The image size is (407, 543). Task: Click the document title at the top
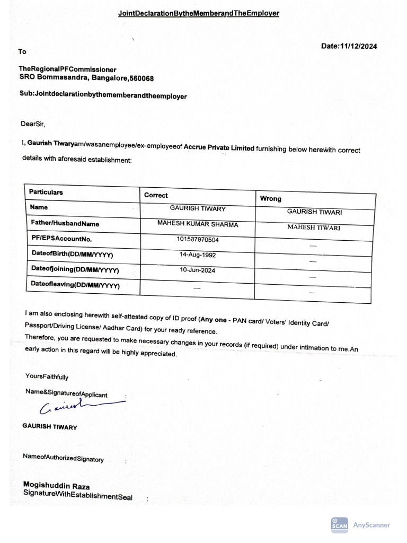tap(198, 12)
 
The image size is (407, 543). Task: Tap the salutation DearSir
tap(33, 125)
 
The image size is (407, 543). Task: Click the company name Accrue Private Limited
tap(219, 148)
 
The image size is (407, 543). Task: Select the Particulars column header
tap(46, 192)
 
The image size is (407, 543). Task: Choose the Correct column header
tap(156, 195)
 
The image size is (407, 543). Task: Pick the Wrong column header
tap(270, 198)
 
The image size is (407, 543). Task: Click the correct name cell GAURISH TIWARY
tap(197, 209)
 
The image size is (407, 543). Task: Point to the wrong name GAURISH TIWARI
tap(314, 212)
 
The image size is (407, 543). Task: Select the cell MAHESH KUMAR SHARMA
tap(198, 224)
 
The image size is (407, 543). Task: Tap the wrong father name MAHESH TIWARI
tap(314, 227)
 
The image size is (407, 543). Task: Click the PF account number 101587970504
tap(197, 240)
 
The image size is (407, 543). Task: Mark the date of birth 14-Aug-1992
tap(197, 255)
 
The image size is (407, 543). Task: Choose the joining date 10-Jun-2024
tap(197, 270)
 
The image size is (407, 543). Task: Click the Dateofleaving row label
tap(75, 285)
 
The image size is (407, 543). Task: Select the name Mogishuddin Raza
tap(56, 486)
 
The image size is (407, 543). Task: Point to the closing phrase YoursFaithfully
tap(47, 377)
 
